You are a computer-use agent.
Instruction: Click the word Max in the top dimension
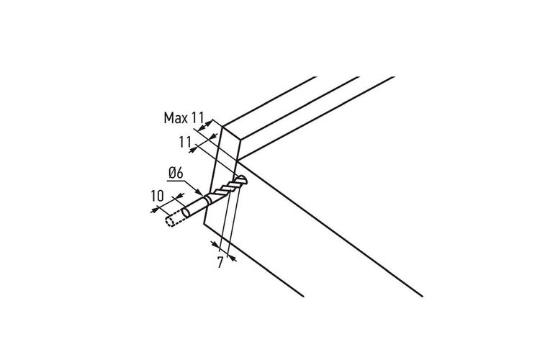[176, 118]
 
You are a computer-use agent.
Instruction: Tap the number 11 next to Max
[198, 118]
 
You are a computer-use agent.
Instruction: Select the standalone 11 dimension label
[185, 142]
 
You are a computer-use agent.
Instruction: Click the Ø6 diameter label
[176, 173]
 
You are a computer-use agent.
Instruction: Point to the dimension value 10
[158, 196]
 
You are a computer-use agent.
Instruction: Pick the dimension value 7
[220, 263]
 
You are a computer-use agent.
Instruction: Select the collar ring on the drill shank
[207, 199]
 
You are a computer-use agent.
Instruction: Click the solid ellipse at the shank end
[186, 212]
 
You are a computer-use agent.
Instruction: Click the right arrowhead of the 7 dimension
[233, 258]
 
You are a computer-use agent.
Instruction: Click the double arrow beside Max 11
[204, 125]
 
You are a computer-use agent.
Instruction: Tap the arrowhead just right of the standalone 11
[194, 149]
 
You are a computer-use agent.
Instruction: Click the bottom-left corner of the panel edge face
[204, 224]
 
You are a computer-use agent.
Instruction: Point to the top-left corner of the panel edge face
[223, 127]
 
